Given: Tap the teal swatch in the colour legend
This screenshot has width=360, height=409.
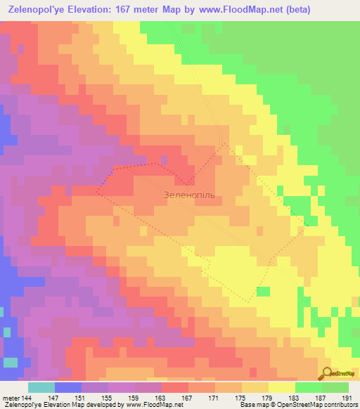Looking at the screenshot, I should (41, 387).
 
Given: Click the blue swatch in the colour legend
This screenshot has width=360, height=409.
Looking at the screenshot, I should (67, 387).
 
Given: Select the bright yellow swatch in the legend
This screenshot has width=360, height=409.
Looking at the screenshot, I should (281, 387).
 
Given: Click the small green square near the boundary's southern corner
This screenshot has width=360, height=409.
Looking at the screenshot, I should (262, 292).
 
